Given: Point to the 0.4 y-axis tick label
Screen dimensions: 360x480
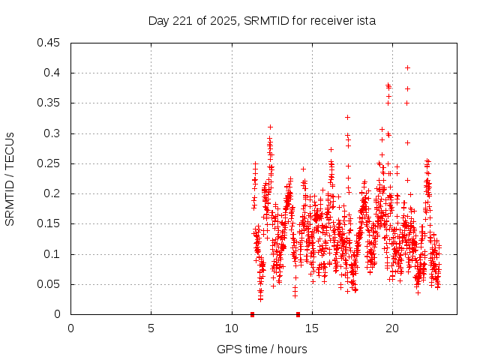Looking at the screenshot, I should point(54,73).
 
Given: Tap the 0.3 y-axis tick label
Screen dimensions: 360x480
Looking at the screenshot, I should point(54,133).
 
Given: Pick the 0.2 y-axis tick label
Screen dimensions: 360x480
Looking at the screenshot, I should point(54,193).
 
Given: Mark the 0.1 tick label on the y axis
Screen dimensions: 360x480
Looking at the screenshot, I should point(54,254).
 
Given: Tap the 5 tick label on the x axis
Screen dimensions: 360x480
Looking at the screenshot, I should point(151,328).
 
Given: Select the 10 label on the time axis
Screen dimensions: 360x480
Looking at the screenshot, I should point(231,328).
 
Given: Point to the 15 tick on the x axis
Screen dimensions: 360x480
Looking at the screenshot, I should point(311,328).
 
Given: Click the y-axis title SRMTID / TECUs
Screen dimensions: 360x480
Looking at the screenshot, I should point(10,178).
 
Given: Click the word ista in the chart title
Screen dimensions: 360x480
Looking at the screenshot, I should point(366,21).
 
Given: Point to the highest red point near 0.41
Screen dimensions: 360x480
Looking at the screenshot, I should point(407,67).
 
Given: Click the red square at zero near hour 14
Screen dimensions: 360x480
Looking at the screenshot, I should point(298,314).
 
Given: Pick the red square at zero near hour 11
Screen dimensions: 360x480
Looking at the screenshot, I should point(252,314).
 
